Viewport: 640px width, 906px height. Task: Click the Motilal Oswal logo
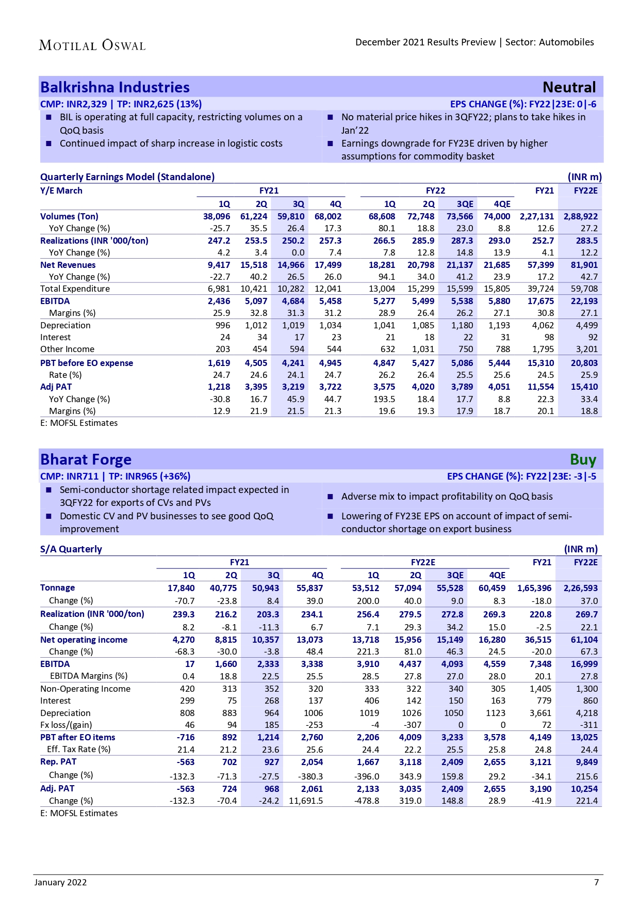click(x=92, y=45)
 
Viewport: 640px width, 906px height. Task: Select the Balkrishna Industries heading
click(x=115, y=87)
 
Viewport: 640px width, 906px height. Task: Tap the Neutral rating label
click(x=569, y=87)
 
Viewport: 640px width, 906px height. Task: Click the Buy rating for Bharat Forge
click(x=583, y=459)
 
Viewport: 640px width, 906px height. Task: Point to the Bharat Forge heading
click(x=86, y=459)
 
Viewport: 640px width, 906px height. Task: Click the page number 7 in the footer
click(x=596, y=882)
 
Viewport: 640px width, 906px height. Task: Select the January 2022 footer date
click(x=60, y=882)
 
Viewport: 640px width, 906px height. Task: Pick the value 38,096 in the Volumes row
click(x=217, y=216)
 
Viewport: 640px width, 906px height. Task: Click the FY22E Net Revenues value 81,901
click(x=584, y=265)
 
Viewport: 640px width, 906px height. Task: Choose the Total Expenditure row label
click(x=75, y=289)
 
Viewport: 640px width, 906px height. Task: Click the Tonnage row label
click(x=57, y=587)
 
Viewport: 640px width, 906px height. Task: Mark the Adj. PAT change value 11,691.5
click(x=306, y=801)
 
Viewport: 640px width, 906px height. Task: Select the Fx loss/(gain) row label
click(x=66, y=725)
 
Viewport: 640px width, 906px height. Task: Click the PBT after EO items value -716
click(x=186, y=737)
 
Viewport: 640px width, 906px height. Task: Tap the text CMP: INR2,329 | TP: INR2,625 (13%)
click(x=121, y=104)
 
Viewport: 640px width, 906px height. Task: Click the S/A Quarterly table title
click(x=71, y=549)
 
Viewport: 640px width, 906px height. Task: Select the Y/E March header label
click(x=61, y=190)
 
